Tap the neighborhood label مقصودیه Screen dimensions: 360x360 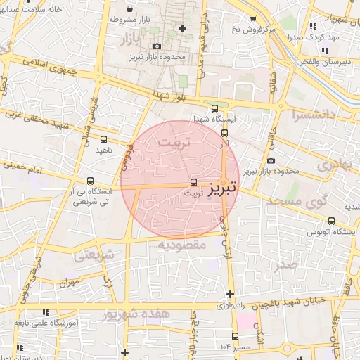(181, 245)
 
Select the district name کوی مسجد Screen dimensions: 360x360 (298, 201)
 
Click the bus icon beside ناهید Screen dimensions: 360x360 (104, 139)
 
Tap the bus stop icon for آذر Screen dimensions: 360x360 (225, 133)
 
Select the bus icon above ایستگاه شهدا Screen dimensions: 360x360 (215, 108)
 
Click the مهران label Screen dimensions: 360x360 (67, 283)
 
